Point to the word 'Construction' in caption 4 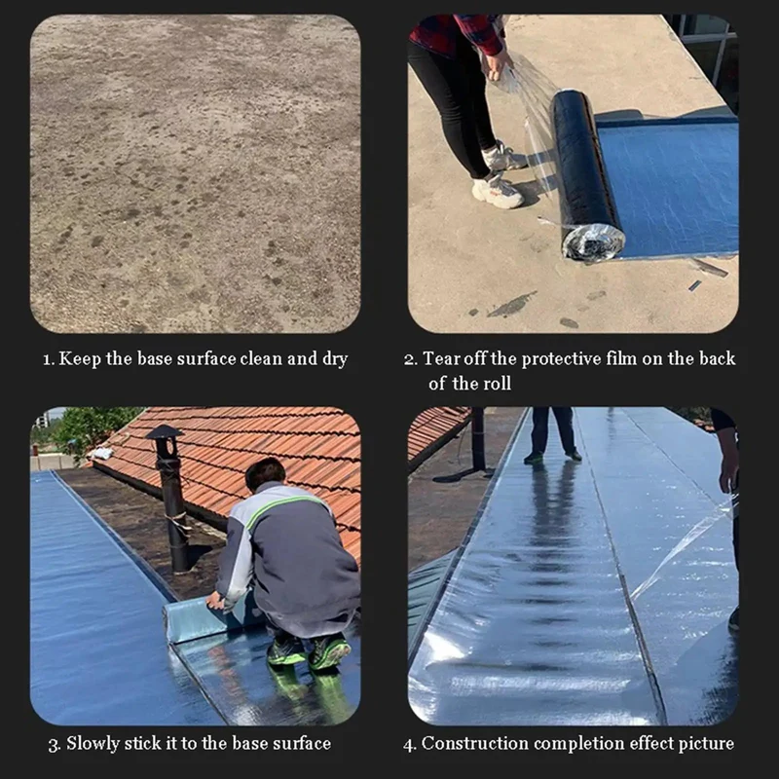coord(474,744)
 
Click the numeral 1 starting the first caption coord(48,359)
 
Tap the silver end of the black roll coord(593,242)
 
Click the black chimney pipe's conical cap coord(165,431)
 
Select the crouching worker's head coord(265,474)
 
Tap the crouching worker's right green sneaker coord(329,651)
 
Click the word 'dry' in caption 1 coord(335,359)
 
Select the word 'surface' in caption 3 coord(302,744)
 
